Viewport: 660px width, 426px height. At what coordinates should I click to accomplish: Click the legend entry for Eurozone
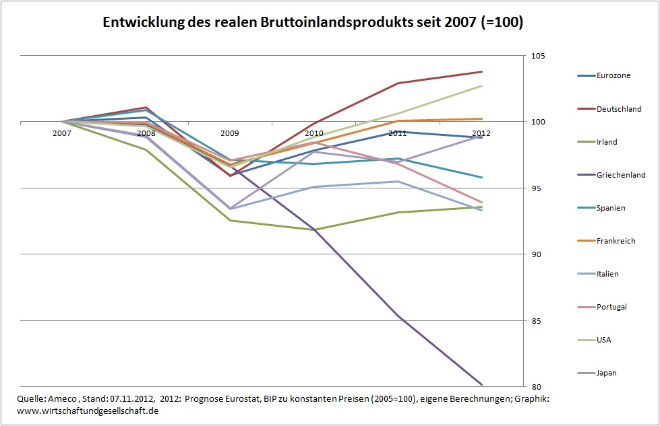coord(613,75)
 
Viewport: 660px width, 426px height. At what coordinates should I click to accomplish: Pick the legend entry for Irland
coord(607,142)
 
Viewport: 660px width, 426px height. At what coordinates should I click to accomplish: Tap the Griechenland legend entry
coord(620,174)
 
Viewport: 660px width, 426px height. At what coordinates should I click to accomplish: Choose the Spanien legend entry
coord(611,208)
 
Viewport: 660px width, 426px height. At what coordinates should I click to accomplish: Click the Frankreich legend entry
coord(616,241)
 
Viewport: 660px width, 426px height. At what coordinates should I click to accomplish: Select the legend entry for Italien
coord(607,274)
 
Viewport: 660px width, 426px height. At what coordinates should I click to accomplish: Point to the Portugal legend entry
coord(611,307)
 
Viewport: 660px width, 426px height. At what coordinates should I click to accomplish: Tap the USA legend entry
coord(604,340)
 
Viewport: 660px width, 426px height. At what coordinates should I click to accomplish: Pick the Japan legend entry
coord(607,373)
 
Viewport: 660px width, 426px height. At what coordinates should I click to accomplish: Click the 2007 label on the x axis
coord(61,133)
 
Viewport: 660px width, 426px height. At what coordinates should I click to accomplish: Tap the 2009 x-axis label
coord(230,133)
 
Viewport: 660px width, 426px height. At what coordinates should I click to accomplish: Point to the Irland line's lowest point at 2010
coord(314,229)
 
